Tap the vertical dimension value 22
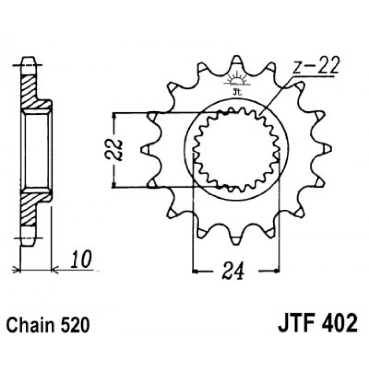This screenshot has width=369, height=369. (114, 150)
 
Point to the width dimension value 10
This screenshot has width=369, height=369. (81, 259)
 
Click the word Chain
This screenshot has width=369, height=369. (30, 325)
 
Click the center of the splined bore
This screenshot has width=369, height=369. (236, 150)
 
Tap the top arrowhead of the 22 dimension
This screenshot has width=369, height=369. (114, 115)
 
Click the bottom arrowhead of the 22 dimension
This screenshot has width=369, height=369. (114, 184)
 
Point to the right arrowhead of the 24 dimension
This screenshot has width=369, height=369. (277, 271)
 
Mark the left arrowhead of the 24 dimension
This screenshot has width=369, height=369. (196, 271)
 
